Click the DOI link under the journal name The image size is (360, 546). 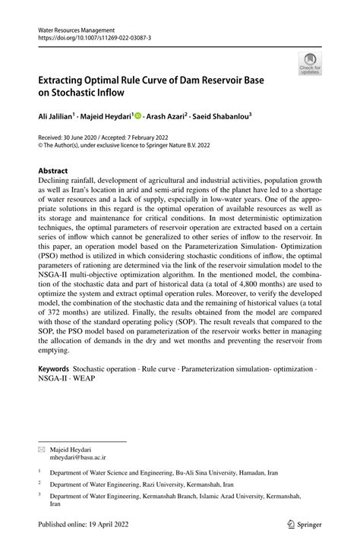(x=88, y=37)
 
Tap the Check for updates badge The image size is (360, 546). (x=310, y=64)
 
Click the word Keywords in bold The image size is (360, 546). (x=54, y=369)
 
